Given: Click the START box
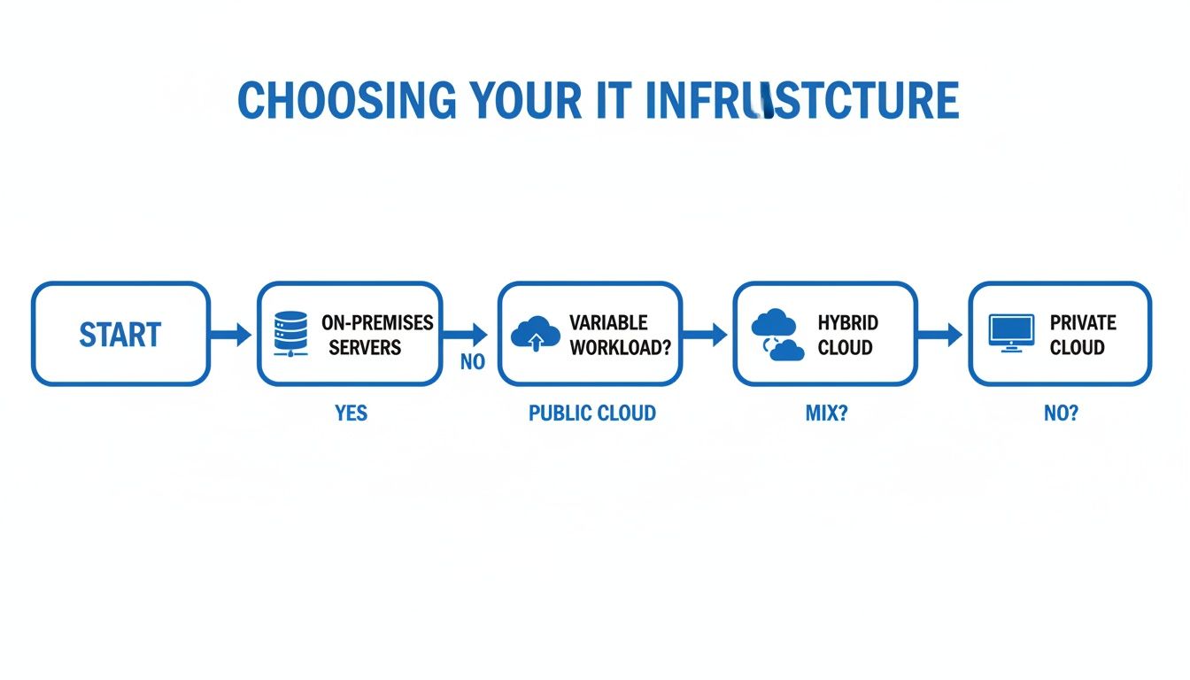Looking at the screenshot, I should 120,334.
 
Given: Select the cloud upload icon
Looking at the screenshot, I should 536,334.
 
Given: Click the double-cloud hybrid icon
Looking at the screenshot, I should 777,335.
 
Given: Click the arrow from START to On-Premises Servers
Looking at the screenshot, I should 232,334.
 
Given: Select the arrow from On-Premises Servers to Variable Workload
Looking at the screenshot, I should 467,334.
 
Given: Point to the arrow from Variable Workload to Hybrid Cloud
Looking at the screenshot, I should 706,334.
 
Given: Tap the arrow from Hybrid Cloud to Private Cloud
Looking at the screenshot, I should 941,334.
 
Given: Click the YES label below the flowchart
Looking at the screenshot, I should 351,413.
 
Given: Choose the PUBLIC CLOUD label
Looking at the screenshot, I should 591,413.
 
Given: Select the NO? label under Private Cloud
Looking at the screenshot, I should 1061,413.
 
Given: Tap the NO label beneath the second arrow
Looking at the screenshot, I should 473,363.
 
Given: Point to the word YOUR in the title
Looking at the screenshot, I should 523,101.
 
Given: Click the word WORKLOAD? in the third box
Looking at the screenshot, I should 620,347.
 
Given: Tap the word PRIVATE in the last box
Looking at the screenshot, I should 1083,322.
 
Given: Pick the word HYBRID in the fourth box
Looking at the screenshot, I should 847,322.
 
